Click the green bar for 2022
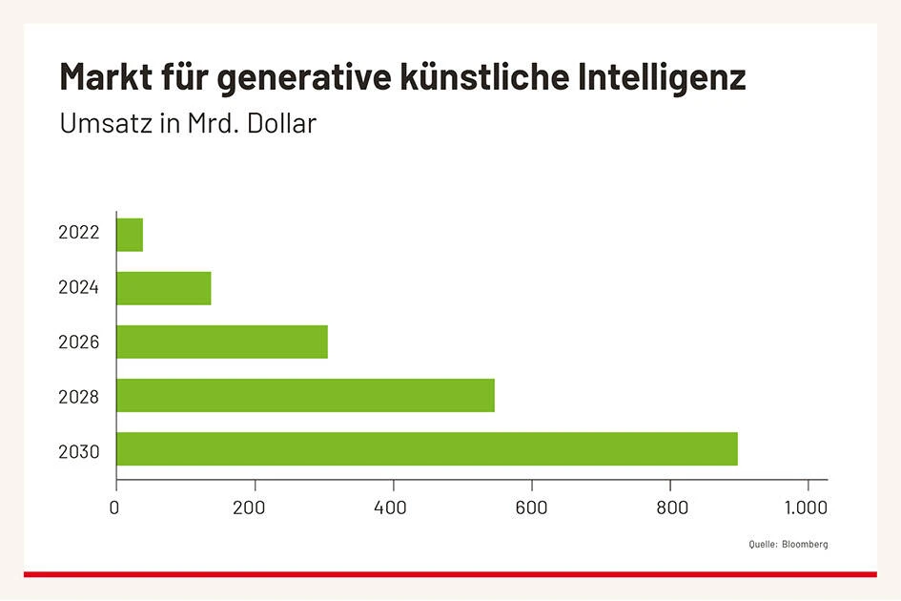coord(130,235)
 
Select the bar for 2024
coord(163,288)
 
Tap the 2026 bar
coord(221,342)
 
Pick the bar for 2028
coord(305,395)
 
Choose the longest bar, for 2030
coord(426,448)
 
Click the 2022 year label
coord(79,233)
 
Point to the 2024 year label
coord(79,287)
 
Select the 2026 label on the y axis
coord(79,342)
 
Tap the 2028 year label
coord(79,396)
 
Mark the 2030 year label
coord(79,450)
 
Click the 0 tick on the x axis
coord(115,508)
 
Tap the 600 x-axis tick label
coord(531,508)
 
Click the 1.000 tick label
coord(808,508)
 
